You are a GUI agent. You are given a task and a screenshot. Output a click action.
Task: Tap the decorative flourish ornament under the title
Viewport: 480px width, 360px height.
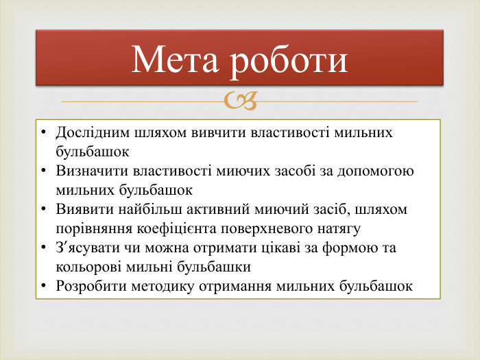[240, 102]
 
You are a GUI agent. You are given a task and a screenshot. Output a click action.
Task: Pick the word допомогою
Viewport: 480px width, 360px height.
[377, 171]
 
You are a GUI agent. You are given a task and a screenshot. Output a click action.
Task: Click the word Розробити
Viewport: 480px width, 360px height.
[87, 286]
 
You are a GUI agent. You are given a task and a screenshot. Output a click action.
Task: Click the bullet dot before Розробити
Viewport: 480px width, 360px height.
[44, 286]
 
